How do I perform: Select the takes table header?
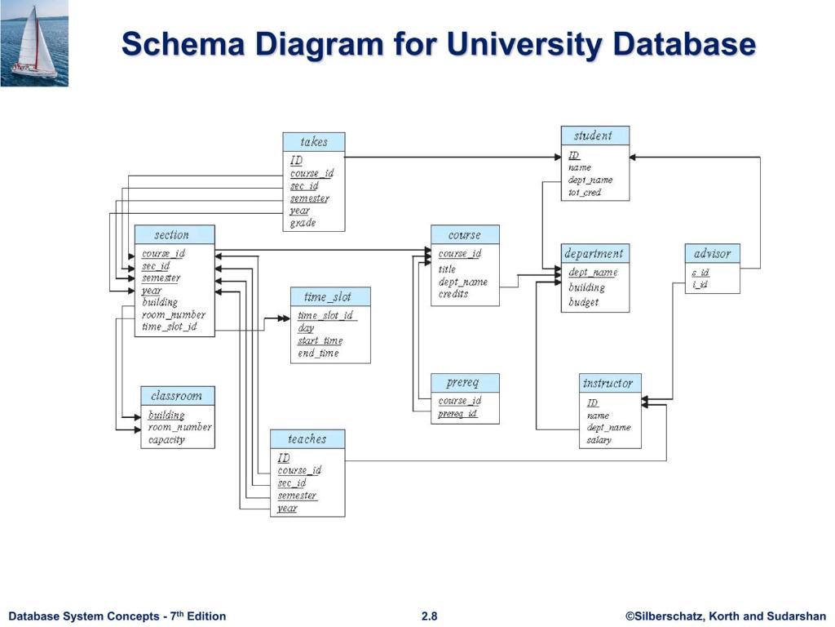click(x=314, y=142)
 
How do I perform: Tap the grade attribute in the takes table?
click(x=303, y=223)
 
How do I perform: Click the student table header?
click(x=594, y=136)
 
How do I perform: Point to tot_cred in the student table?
click(x=585, y=193)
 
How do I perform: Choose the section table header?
click(x=174, y=235)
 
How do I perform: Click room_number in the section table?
click(x=173, y=314)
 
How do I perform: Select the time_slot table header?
click(x=330, y=297)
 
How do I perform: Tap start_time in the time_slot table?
click(x=320, y=340)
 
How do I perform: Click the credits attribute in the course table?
click(x=453, y=294)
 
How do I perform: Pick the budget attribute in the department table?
click(x=584, y=302)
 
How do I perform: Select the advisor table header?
click(x=712, y=254)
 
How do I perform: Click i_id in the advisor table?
click(x=699, y=284)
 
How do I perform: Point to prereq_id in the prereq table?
click(x=457, y=414)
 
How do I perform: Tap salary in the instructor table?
click(x=599, y=440)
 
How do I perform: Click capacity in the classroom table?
click(x=166, y=440)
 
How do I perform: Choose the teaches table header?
click(x=307, y=439)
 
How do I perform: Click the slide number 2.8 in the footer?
click(x=429, y=616)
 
